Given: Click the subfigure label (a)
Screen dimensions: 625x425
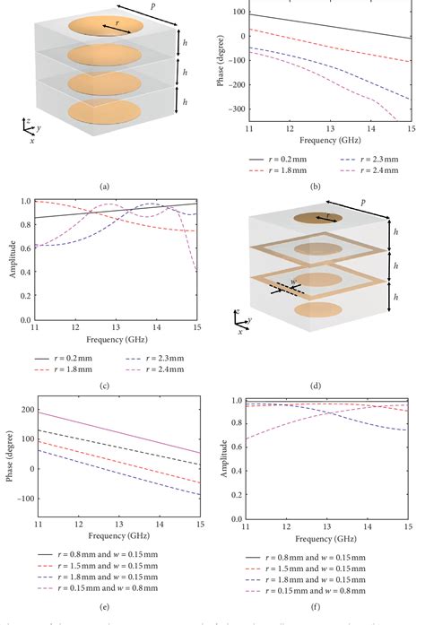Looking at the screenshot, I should pos(106,186).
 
